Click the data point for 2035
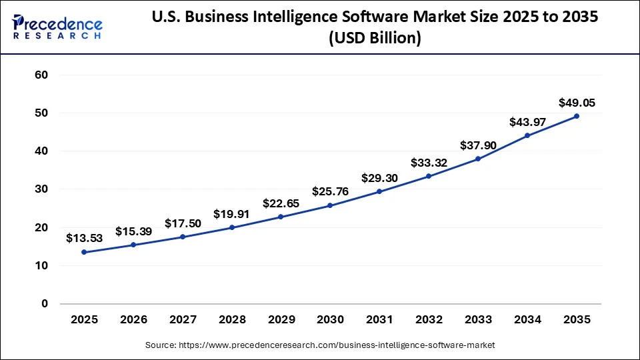tap(577, 116)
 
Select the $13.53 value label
tap(84, 238)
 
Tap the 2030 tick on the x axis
tap(330, 320)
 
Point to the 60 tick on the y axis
tap(41, 75)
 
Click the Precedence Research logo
tap(57, 27)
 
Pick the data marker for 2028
tap(232, 227)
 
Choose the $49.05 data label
tap(577, 103)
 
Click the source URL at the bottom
tap(320, 345)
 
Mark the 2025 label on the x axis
tap(84, 320)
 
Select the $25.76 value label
tap(330, 192)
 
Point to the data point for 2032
tap(429, 176)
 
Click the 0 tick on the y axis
tap(45, 304)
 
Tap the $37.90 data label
tap(478, 145)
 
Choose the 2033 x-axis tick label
tap(478, 320)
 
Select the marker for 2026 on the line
tap(133, 245)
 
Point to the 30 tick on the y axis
tap(41, 189)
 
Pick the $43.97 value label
tap(527, 123)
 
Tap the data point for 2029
tap(281, 217)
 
